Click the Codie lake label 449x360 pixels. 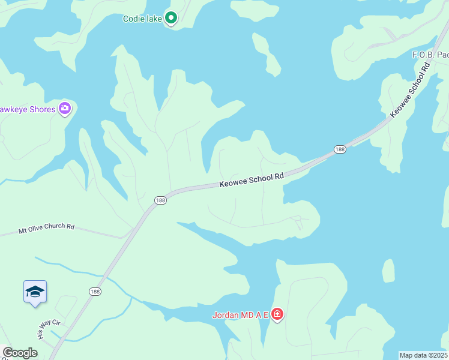pos(142,19)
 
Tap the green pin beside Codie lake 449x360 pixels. pos(171,19)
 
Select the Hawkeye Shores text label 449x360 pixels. pos(28,109)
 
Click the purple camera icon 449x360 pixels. pos(65,109)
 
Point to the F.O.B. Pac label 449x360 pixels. pos(430,55)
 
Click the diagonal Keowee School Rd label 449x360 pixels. pos(411,91)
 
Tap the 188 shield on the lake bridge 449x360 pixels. pos(340,149)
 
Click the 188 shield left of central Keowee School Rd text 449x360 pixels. pos(160,200)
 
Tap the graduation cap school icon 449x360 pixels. pos(35,292)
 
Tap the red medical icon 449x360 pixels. pos(277,314)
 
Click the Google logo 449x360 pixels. pos(20,353)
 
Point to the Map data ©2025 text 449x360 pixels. pos(424,355)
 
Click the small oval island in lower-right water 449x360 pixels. pos(389,271)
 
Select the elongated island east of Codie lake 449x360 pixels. pos(266,55)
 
